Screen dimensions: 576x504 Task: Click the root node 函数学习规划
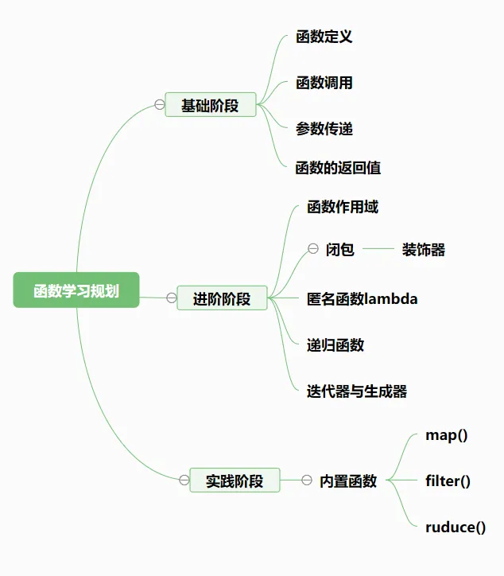[76, 290]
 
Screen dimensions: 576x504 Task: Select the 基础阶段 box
[211, 104]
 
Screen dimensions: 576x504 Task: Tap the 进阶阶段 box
[222, 298]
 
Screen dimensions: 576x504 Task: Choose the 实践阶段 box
[235, 481]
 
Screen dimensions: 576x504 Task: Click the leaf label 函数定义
[324, 37]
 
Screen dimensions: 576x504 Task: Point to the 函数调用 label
[324, 83]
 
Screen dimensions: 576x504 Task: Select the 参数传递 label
[324, 128]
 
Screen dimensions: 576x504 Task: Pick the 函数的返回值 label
[338, 168]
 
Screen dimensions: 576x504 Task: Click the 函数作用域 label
[343, 207]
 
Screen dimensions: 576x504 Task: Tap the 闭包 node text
[340, 250]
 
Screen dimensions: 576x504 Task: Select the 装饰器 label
[424, 250]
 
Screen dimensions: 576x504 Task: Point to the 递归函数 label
[335, 345]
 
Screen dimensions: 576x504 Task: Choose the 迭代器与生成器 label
[357, 391]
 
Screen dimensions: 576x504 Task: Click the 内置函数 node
[348, 481]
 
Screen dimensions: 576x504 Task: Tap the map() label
[447, 435]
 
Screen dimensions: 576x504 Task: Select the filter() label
[448, 481]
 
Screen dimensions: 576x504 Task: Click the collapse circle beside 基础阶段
[160, 104]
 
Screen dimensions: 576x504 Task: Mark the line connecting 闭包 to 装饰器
[378, 250]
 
